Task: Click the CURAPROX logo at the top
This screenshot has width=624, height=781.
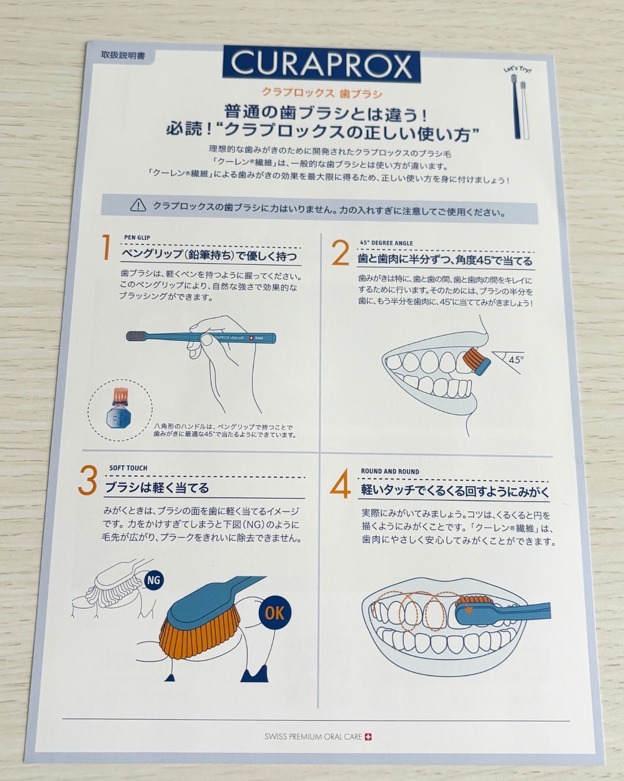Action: click(x=321, y=65)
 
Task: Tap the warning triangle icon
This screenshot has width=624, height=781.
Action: click(x=138, y=206)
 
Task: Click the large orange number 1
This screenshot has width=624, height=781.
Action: click(x=106, y=247)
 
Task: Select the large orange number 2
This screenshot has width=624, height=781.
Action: click(x=340, y=253)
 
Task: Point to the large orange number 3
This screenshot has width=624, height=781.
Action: click(x=87, y=480)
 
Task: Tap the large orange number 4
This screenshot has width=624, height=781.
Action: click(x=340, y=484)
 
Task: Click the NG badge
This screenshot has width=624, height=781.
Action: click(x=154, y=580)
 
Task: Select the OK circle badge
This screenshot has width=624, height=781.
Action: click(x=275, y=613)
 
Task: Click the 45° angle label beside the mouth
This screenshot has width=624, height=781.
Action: click(x=516, y=360)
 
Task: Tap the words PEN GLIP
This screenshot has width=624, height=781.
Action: click(x=137, y=237)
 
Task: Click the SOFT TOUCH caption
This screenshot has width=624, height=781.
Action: click(x=128, y=468)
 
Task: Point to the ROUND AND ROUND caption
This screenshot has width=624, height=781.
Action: click(x=390, y=471)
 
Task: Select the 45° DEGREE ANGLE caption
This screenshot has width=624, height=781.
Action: click(x=386, y=243)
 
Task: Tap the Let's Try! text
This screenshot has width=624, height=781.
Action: click(x=518, y=69)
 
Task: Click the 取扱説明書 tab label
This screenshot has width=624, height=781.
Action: click(x=123, y=56)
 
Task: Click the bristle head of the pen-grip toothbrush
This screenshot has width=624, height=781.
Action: click(x=137, y=336)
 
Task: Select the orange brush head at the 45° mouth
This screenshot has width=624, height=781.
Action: click(x=476, y=361)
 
